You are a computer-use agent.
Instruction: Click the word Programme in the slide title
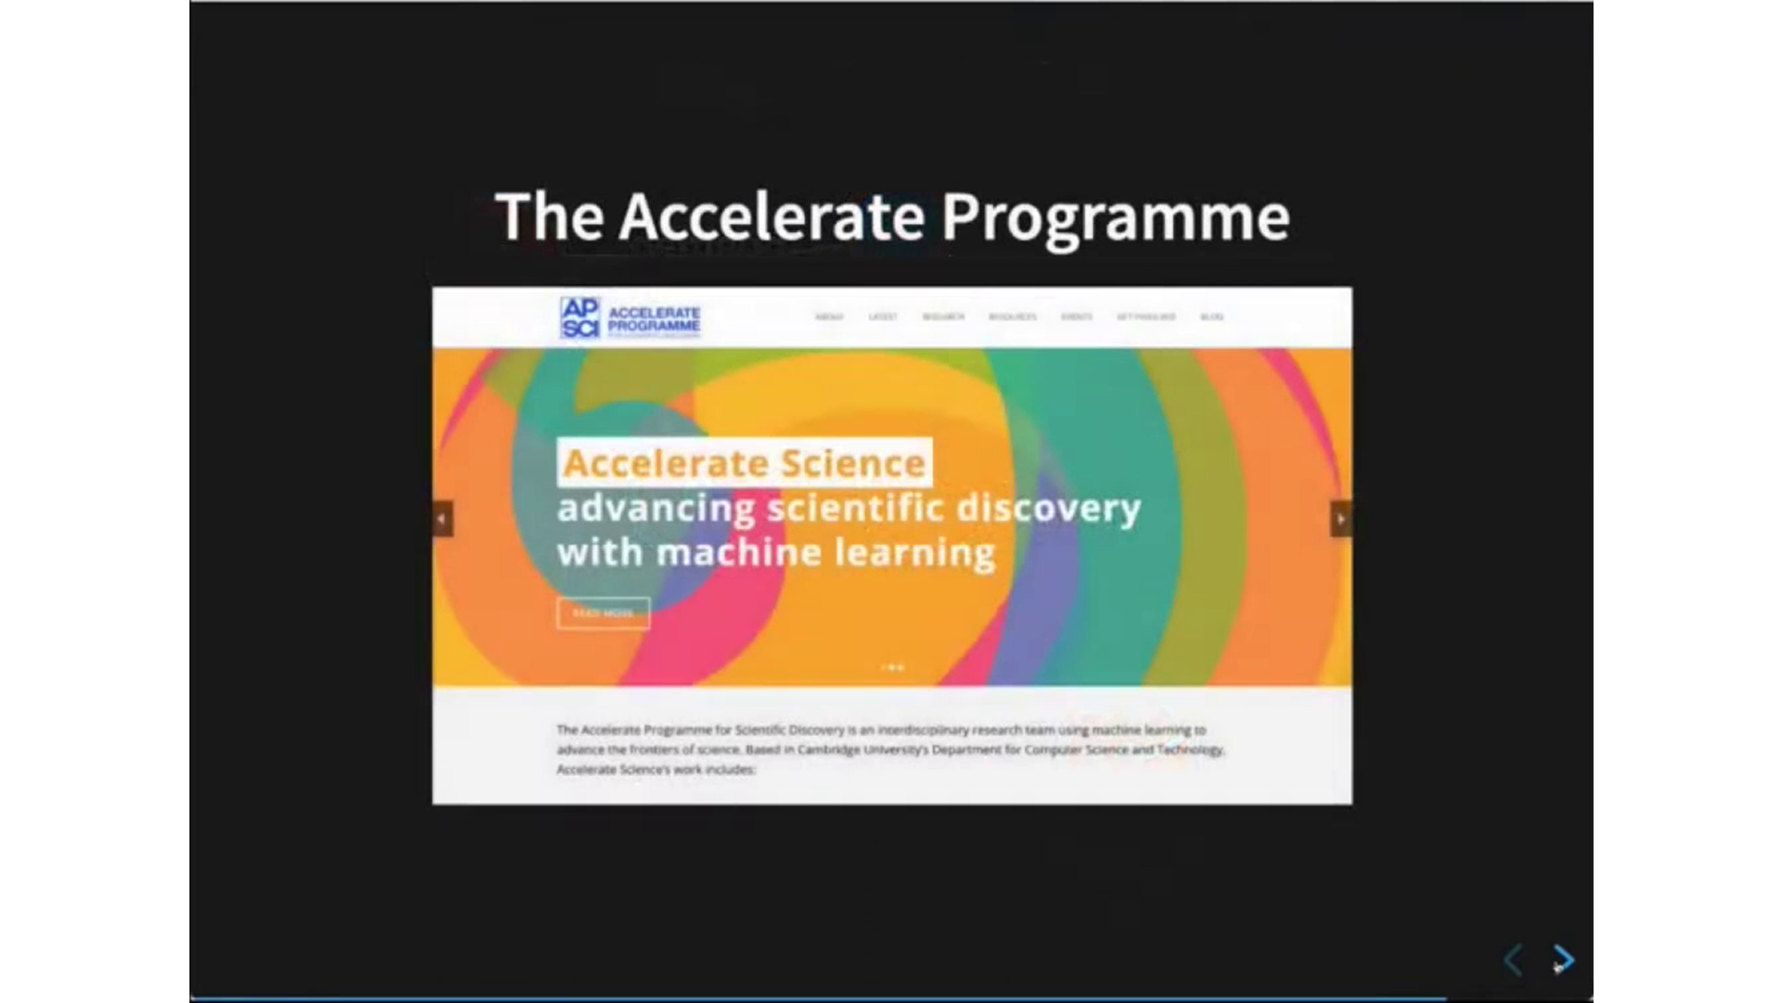tap(1115, 217)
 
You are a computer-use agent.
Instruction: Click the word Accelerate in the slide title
tap(772, 217)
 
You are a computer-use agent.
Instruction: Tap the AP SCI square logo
tap(580, 318)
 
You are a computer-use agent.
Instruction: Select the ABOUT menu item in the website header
tap(829, 317)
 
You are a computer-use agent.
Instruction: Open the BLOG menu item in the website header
tap(1212, 317)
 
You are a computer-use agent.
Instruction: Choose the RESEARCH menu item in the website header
tap(944, 317)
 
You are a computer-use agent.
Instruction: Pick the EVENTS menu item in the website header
tap(1076, 317)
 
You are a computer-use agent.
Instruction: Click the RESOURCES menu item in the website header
tap(1012, 317)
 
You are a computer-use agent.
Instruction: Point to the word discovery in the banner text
tap(1048, 508)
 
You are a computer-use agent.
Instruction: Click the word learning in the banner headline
tap(915, 553)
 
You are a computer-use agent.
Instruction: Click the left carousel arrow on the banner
tap(443, 519)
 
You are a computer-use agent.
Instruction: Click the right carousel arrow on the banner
tap(1341, 519)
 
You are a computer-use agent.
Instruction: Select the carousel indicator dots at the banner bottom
tap(892, 667)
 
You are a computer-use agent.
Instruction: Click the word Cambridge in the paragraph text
tap(828, 749)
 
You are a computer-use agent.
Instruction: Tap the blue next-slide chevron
tap(1564, 958)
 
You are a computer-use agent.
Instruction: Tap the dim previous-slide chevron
tap(1513, 959)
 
